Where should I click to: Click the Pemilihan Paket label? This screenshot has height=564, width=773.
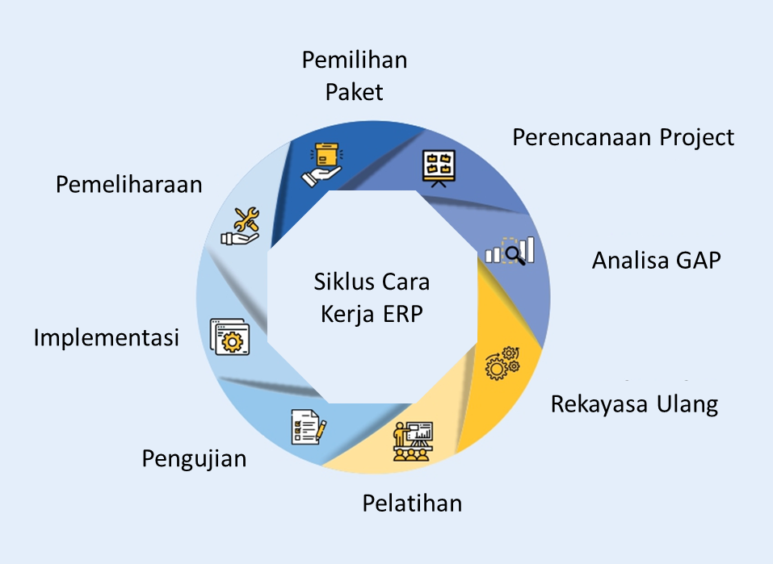coord(354,75)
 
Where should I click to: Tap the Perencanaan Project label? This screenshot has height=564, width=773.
coord(624,137)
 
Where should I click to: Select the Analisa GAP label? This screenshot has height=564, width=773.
coord(656,261)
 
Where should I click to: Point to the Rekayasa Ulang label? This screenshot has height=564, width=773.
coord(634,403)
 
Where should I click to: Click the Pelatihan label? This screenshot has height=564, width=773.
coord(412,503)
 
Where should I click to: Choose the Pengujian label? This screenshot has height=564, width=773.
coord(194,459)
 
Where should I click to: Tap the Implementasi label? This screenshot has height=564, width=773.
coord(106,337)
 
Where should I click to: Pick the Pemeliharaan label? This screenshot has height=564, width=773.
coord(129,184)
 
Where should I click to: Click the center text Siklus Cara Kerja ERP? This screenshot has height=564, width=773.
coord(372,298)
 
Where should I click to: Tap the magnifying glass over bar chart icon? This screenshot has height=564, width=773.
coord(510,251)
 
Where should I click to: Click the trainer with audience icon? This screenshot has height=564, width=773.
coord(413,441)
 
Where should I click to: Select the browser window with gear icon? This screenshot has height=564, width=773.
coord(229,336)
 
